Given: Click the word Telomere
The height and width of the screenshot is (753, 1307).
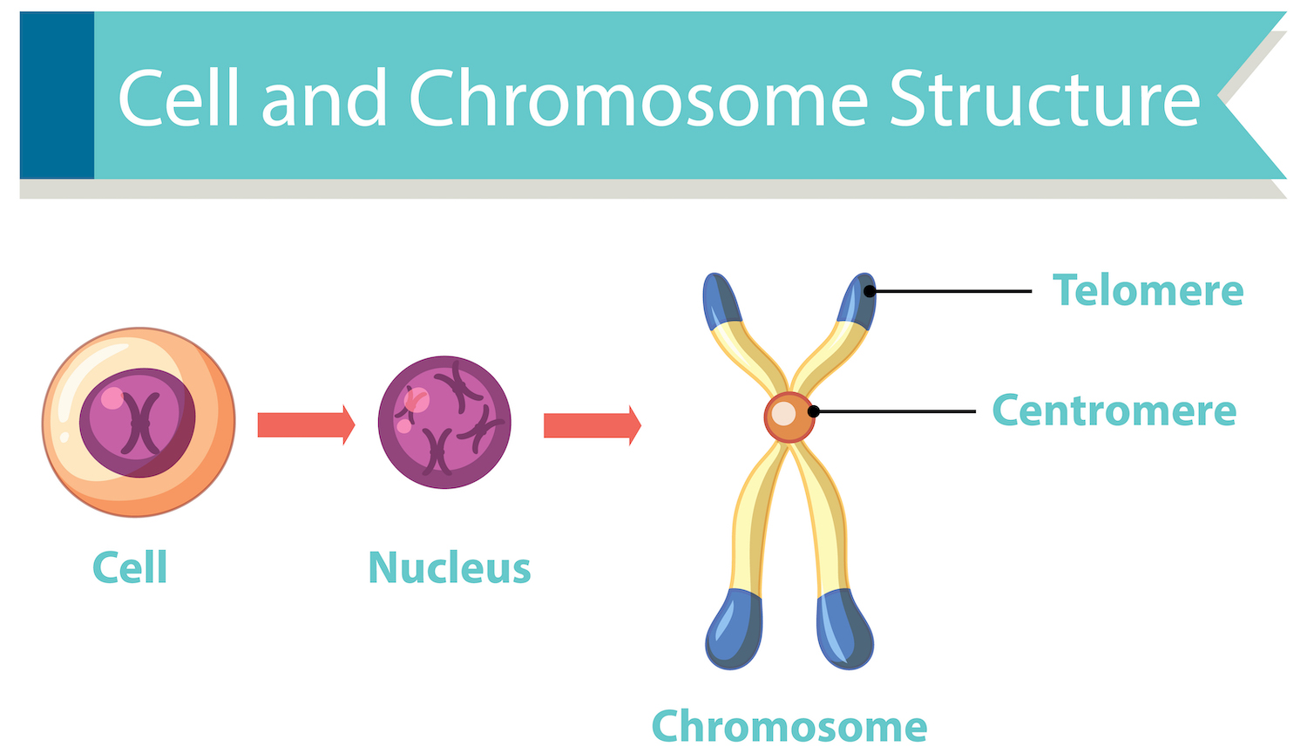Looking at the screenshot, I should (x=1148, y=290).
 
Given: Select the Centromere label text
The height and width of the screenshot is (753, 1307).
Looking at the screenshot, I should (x=1114, y=410).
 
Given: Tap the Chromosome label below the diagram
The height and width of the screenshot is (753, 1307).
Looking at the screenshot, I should (x=789, y=726).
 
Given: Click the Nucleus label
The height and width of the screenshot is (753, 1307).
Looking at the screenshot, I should (x=449, y=567).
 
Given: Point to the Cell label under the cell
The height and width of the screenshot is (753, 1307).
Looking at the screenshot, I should (x=130, y=567).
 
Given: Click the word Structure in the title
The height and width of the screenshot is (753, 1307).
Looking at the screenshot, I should (x=1044, y=99).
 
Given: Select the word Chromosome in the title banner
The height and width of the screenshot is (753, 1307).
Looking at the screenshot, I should (x=638, y=99).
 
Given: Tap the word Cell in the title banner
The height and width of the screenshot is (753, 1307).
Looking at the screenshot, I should (x=179, y=99).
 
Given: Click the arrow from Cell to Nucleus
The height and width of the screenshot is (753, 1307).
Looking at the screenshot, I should (x=306, y=424).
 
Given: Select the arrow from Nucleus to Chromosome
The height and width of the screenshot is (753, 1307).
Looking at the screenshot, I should (x=592, y=425).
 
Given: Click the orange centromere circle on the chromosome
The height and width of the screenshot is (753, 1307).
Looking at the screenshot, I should (x=789, y=417).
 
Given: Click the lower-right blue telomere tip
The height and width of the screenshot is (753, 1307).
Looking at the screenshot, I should (x=844, y=629).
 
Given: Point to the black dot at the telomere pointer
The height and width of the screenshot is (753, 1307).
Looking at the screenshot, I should (x=870, y=291).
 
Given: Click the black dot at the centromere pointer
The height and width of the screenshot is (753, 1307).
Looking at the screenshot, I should (x=813, y=411).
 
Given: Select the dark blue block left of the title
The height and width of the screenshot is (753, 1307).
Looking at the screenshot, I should (x=57, y=95).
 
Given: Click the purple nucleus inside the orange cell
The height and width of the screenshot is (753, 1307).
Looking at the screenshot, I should (x=138, y=423).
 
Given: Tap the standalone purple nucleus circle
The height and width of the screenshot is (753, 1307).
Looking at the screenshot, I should (x=444, y=422).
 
